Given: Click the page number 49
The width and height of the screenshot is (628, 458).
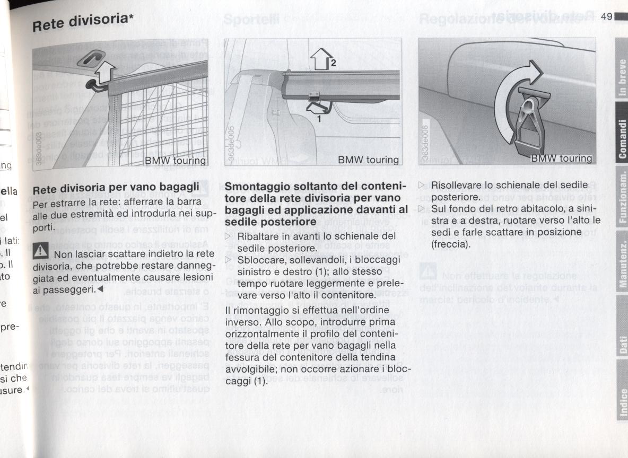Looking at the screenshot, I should (x=607, y=15).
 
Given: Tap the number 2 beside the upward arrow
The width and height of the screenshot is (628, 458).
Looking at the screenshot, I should (x=333, y=63).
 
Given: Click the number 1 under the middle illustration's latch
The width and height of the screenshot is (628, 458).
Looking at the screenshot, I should (x=319, y=119).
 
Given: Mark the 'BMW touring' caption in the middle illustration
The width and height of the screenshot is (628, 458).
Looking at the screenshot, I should (x=368, y=160).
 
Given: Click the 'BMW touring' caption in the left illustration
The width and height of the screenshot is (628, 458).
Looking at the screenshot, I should (x=176, y=160).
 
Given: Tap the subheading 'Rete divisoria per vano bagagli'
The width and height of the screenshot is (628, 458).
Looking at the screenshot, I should (x=116, y=188).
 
